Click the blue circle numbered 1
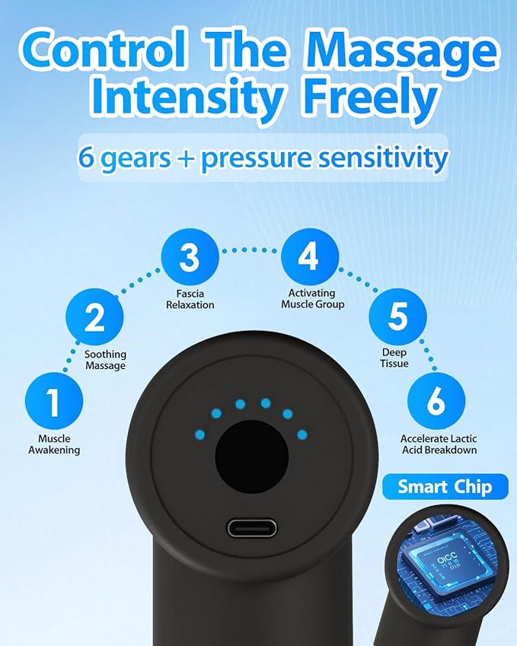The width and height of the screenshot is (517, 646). tap(54, 401)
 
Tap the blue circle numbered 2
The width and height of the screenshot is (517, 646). tap(94, 317)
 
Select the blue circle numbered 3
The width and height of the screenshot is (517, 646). tap(190, 257)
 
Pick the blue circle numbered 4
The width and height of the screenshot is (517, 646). tap(310, 256)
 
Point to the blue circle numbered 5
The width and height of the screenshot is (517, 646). tap(398, 317)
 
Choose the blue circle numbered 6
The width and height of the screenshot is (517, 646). tap(436, 401)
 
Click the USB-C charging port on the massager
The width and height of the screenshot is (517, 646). tap(252, 528)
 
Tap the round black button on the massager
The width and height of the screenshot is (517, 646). tap(252, 457)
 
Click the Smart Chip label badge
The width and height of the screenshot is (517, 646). tap(445, 486)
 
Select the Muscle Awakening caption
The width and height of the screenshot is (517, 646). tap(54, 444)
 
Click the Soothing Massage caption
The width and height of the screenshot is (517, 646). tap(106, 360)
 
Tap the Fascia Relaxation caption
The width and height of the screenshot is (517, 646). tap(190, 299)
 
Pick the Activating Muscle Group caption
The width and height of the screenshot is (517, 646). tap(312, 299)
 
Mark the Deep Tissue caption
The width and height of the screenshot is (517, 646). tap(394, 358)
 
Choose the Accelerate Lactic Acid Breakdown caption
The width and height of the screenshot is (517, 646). tap(439, 444)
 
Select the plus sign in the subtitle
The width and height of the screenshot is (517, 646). tap(186, 158)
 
